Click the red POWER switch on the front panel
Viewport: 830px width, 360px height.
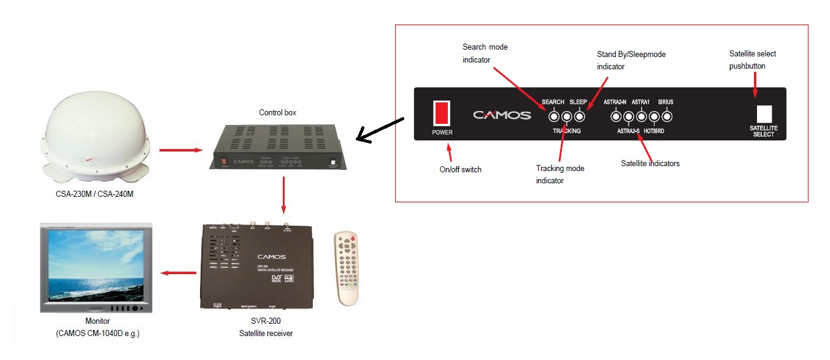pos(442,113)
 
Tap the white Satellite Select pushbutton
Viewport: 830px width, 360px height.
pos(764,113)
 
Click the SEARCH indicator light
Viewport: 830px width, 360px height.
pos(554,116)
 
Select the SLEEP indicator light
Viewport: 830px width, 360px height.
pos(579,116)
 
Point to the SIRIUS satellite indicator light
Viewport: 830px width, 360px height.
pos(666,116)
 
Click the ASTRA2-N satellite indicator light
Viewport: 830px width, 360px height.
pos(616,116)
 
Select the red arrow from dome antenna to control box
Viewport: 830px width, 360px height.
pos(180,149)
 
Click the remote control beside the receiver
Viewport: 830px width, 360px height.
pos(347,267)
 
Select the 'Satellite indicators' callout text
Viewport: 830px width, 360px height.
pos(650,163)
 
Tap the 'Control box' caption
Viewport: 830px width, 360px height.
pos(278,113)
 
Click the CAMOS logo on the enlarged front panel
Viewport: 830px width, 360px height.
pos(502,115)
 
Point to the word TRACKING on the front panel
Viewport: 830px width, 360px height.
pos(566,131)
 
